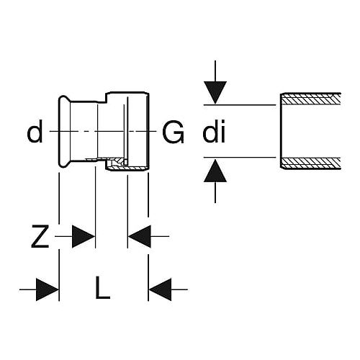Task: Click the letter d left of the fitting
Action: click(x=35, y=132)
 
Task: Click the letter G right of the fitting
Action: click(x=173, y=132)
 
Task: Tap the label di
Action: click(x=214, y=132)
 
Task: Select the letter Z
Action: click(x=40, y=236)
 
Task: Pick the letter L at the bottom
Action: click(x=103, y=287)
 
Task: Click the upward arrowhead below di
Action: click(x=215, y=171)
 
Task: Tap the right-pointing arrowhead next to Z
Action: click(x=84, y=236)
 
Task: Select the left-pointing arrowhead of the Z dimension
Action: click(x=140, y=236)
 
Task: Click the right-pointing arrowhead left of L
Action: click(x=48, y=289)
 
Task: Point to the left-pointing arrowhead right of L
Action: click(x=161, y=289)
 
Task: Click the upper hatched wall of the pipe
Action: click(x=311, y=99)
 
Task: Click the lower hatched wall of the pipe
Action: click(x=311, y=163)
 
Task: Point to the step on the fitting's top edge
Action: click(x=106, y=98)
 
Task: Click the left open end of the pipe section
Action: click(x=281, y=131)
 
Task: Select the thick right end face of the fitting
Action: click(x=148, y=131)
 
